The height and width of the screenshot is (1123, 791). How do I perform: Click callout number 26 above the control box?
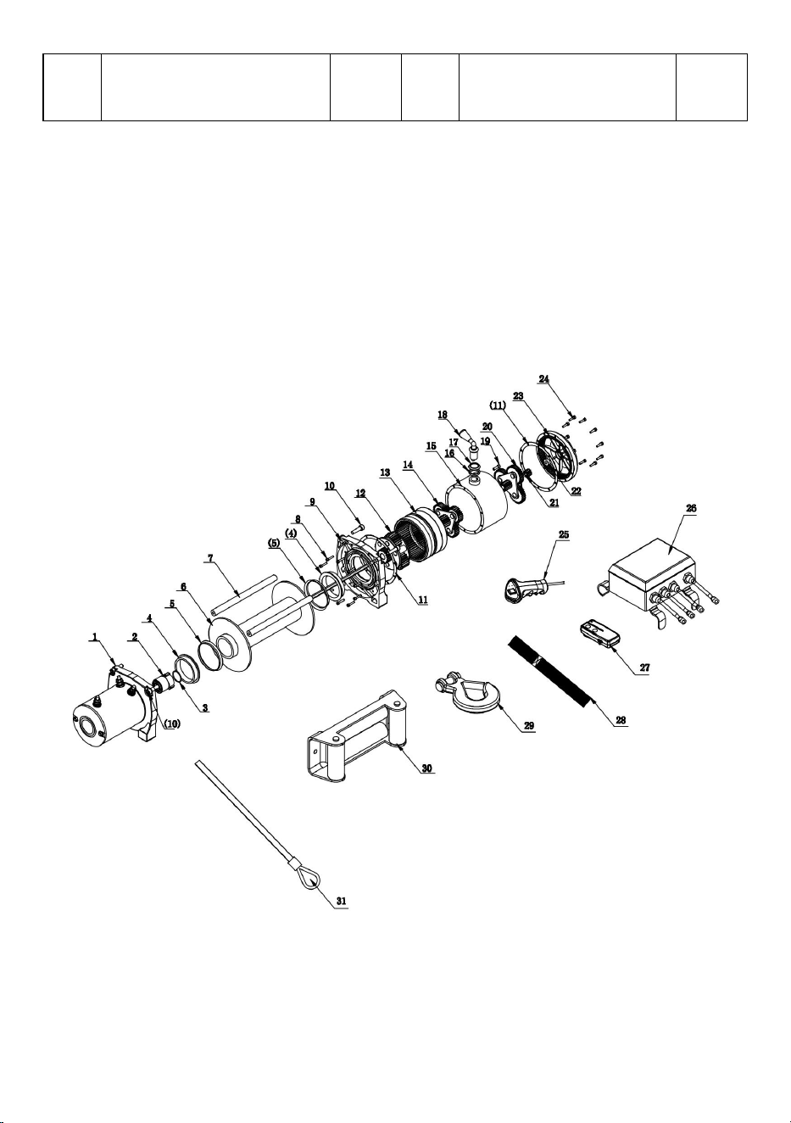pos(691,508)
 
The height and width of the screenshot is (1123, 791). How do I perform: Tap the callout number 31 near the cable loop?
pos(341,901)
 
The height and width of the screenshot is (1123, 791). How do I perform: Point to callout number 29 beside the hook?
pos(529,725)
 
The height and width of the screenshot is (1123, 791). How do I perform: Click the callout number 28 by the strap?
pos(621,720)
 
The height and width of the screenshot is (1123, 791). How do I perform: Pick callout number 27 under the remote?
pos(644,668)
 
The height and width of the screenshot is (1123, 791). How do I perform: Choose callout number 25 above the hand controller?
pos(564,534)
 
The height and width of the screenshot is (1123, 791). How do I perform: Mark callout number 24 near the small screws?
pos(544,379)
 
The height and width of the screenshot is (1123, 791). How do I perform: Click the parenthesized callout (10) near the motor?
pos(172,724)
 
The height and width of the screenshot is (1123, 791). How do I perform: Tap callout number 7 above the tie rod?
pos(210,557)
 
